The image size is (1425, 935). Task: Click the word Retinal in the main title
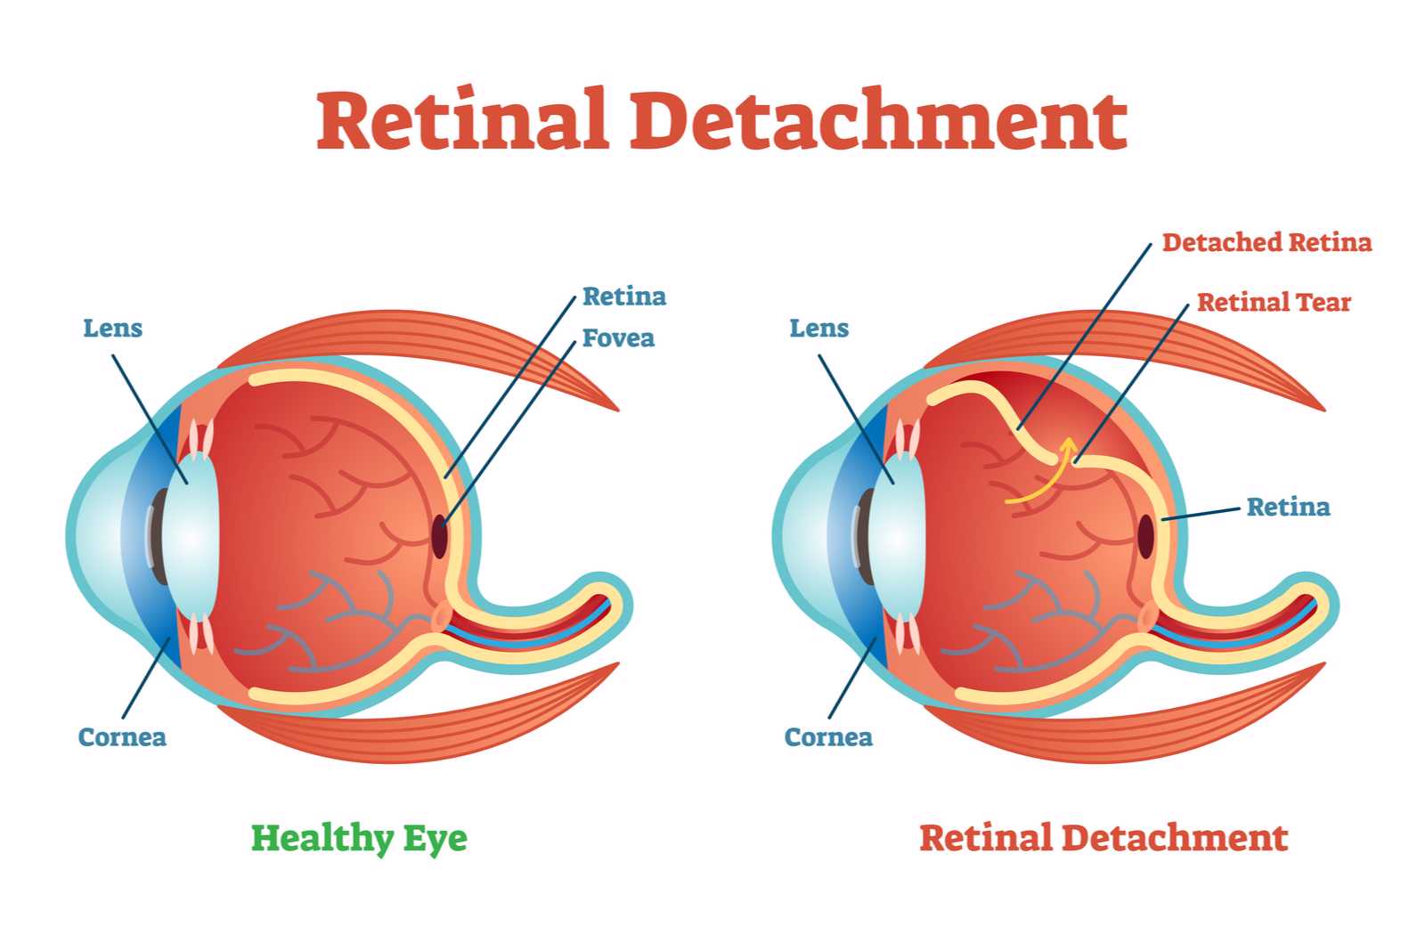(x=462, y=119)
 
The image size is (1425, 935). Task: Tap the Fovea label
(x=618, y=338)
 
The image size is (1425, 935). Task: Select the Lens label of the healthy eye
(x=112, y=329)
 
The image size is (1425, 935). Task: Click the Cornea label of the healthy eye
(x=122, y=737)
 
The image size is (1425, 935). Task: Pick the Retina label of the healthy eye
(x=624, y=297)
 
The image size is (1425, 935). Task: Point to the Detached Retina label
(x=1266, y=242)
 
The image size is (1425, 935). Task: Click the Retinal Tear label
(x=1274, y=302)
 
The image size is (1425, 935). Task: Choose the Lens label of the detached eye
(x=818, y=329)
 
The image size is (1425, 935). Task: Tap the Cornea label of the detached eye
(x=828, y=737)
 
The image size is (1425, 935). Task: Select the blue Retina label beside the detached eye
(x=1288, y=507)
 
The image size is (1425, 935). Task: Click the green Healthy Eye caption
(x=359, y=838)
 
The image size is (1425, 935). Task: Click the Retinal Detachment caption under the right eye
(x=1103, y=837)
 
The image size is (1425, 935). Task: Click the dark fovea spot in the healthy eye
(x=440, y=537)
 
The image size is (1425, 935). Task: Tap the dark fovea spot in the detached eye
(x=1145, y=537)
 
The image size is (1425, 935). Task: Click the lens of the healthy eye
(x=191, y=537)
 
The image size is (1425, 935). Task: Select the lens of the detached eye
(x=896, y=537)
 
